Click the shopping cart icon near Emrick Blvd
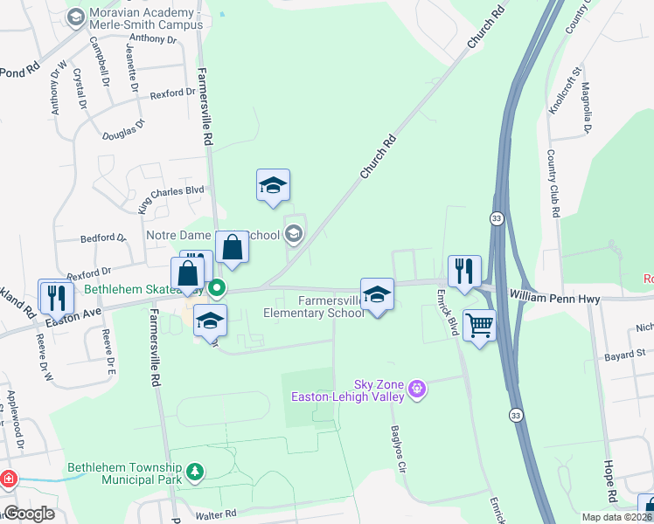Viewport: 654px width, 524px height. (479, 326)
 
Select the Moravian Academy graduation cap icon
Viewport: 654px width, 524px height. (76, 17)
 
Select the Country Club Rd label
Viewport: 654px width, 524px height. (553, 183)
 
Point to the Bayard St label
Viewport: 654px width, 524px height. (624, 355)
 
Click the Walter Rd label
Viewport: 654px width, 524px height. (216, 514)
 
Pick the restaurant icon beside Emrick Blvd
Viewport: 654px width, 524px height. (463, 270)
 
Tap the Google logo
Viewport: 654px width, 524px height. (29, 514)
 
